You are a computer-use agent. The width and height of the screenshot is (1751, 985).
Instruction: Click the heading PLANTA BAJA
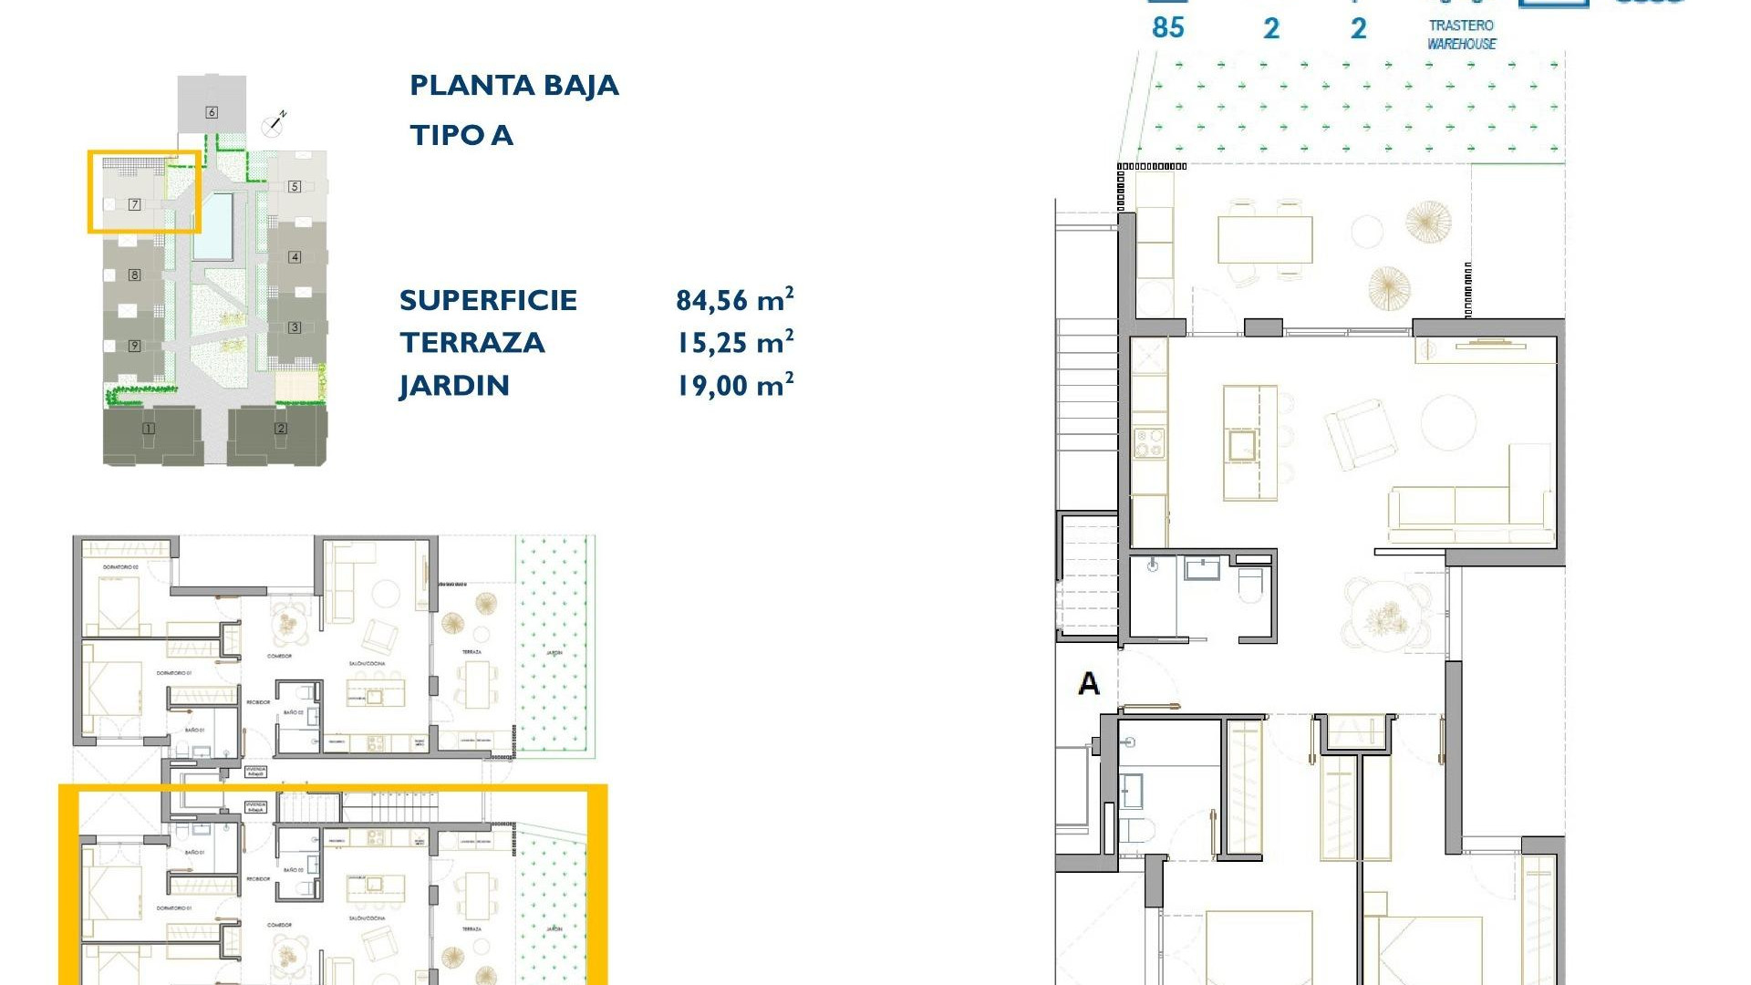[513, 86]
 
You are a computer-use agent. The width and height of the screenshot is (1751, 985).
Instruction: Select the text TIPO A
[461, 136]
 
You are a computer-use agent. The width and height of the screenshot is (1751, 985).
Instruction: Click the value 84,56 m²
[734, 300]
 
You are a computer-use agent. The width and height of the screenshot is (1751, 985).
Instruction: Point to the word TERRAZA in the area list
[471, 343]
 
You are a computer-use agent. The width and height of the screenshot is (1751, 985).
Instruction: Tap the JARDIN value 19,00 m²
[734, 386]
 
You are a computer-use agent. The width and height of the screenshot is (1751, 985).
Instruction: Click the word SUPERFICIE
[488, 300]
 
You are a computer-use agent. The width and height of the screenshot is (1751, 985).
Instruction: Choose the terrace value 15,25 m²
[734, 343]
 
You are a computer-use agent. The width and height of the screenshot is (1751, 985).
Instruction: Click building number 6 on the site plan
[212, 112]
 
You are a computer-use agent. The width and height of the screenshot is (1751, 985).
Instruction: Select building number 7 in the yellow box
[134, 204]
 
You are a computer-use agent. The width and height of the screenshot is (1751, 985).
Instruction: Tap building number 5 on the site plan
[294, 186]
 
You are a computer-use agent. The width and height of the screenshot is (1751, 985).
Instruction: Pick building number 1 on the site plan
[149, 429]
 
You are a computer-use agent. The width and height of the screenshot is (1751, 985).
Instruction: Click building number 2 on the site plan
[280, 429]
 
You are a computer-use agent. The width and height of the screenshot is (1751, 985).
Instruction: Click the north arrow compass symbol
[274, 122]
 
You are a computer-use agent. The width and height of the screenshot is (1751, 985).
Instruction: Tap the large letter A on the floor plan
[1088, 683]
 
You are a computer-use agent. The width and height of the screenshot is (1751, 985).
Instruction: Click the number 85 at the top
[1167, 27]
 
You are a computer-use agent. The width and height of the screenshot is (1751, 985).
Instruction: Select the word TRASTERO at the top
[1461, 26]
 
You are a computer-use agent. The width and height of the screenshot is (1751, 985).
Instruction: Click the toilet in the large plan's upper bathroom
[1250, 585]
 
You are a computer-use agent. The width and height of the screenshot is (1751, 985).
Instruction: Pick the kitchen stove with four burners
[1149, 443]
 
